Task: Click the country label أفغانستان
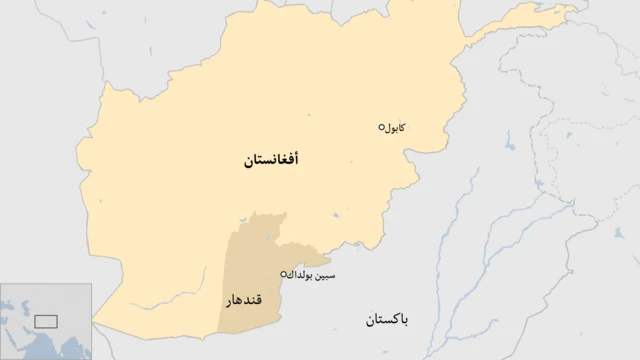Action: [x=271, y=160]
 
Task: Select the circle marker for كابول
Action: [x=381, y=127]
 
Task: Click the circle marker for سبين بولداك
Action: [x=284, y=273]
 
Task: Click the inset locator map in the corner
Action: [x=46, y=321]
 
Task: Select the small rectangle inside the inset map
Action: [x=46, y=320]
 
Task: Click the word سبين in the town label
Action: [x=341, y=273]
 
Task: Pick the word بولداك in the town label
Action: [x=311, y=273]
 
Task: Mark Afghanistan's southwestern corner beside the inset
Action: [x=97, y=322]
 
